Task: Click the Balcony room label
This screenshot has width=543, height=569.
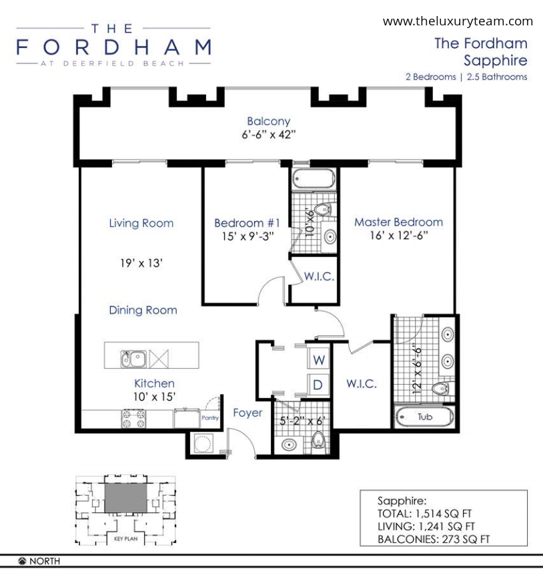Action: coord(269,121)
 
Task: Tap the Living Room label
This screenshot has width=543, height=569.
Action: coord(141,223)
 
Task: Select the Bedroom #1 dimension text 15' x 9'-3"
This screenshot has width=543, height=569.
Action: coord(248,236)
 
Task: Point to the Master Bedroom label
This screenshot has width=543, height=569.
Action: coord(399,222)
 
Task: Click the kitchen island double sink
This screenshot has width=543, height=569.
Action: coord(133,359)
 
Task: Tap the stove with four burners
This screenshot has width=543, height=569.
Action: coord(134,419)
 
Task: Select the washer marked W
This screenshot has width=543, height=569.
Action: coord(319,359)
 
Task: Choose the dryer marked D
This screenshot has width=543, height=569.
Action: coord(318,385)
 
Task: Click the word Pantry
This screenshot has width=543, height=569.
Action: coord(210,418)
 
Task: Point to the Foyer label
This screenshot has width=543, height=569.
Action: coord(247,413)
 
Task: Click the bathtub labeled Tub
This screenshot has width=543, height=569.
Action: coord(424,417)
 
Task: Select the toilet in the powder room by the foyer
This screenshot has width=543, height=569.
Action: coord(319,442)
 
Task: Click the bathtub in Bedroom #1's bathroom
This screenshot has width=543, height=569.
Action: coord(314,178)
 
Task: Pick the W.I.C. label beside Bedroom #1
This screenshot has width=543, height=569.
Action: coord(319,276)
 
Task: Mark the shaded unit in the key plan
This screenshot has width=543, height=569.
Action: coord(126,498)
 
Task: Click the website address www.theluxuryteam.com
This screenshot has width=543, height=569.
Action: coord(458,21)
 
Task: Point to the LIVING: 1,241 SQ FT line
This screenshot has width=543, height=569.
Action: coord(426,526)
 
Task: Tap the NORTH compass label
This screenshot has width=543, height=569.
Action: coord(44,561)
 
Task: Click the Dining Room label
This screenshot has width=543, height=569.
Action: coord(143,310)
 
